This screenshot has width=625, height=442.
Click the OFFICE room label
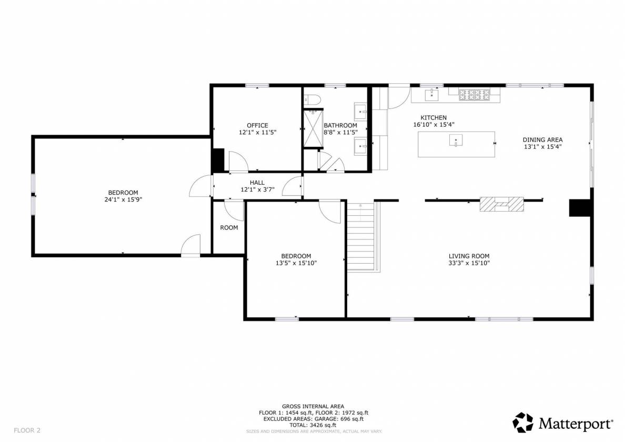point(257,126)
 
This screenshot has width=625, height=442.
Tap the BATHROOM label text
point(340,126)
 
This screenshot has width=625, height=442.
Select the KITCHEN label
point(434,117)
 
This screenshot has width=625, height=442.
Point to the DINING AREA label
point(542,140)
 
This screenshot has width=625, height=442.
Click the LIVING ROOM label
point(469,256)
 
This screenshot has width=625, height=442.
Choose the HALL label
point(257,183)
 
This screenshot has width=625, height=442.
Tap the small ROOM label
point(229,227)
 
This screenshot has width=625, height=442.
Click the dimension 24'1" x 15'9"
point(123,199)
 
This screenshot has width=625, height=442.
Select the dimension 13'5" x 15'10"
point(296,263)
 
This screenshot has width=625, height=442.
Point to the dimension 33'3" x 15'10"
point(469,263)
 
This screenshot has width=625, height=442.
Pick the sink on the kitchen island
point(456,140)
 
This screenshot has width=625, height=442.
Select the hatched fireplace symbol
point(501,204)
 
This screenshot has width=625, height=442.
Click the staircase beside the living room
point(361,236)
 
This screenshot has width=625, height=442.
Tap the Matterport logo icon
point(522,423)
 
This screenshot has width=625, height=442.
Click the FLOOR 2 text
point(27,430)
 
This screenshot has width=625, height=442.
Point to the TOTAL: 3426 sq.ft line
point(313,425)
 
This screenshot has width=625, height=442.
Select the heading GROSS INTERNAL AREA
point(313,407)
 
